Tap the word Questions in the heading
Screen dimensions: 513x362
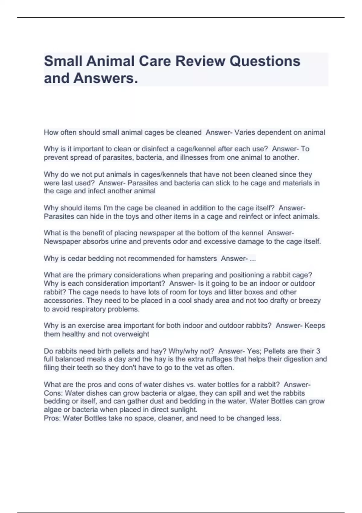(x=265, y=61)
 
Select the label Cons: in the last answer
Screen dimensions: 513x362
(x=53, y=393)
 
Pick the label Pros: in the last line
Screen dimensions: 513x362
(x=52, y=418)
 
